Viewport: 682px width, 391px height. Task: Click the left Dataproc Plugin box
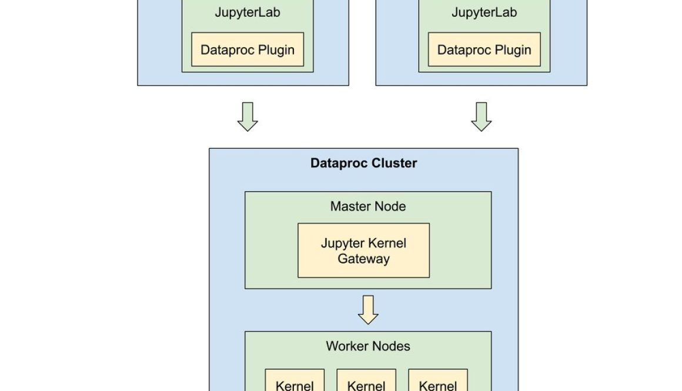248,50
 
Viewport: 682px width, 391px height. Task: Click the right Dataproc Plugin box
484,50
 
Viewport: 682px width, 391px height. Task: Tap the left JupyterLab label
247,12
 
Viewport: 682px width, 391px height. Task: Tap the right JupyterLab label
484,12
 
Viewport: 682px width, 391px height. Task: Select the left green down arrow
248,116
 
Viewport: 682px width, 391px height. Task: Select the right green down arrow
482,116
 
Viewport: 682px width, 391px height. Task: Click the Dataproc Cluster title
363,163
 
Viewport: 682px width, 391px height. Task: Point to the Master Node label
368,206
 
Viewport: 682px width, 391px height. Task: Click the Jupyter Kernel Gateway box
363,250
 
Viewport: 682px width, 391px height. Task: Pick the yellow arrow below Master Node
368,309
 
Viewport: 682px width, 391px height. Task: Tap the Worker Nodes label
368,346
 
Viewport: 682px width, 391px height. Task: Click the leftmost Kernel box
295,381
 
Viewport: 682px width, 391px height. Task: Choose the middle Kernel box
366,381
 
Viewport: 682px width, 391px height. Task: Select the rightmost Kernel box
438,381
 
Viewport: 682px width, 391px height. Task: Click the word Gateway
363,259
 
